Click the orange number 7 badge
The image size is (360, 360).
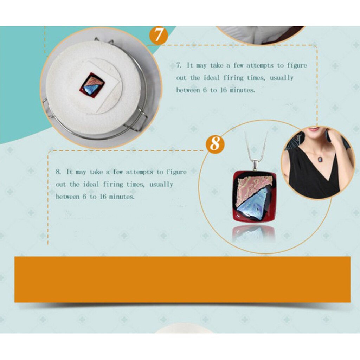[159, 36]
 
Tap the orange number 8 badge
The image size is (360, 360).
[215, 143]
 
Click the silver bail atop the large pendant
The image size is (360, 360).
[255, 164]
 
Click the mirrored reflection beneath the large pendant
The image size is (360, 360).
[253, 232]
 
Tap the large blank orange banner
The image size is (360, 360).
[182, 279]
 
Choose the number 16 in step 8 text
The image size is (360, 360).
[103, 197]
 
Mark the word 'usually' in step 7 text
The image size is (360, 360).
[281, 78]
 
